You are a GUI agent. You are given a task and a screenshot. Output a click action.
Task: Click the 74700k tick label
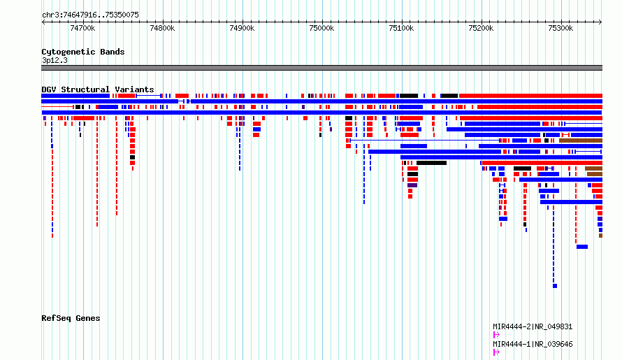click(x=82, y=28)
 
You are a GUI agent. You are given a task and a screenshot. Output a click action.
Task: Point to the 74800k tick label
click(x=162, y=28)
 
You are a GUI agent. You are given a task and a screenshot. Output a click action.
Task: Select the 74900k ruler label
click(x=242, y=28)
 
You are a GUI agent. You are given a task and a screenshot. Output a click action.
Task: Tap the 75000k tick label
click(x=321, y=28)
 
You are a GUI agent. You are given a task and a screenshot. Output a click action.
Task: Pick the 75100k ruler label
click(x=401, y=28)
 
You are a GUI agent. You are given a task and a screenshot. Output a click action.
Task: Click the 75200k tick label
click(x=482, y=28)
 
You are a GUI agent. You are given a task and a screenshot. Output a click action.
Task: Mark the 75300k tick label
click(x=560, y=28)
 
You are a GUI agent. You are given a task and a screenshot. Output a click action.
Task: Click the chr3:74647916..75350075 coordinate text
click(x=90, y=15)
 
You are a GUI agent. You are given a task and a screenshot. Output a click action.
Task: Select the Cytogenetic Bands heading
click(x=83, y=52)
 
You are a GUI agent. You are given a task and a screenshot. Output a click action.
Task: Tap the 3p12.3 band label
click(x=55, y=60)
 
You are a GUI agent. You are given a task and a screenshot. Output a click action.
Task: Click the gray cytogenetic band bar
click(x=321, y=68)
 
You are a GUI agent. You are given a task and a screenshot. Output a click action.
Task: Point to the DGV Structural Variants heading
click(x=98, y=89)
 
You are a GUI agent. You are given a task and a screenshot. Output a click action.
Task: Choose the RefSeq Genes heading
click(x=71, y=318)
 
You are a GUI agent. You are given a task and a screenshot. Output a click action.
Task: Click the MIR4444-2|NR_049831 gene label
click(x=533, y=326)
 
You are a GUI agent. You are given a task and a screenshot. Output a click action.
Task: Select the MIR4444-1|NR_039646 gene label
click(x=533, y=344)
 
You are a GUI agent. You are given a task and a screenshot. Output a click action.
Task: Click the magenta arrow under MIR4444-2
click(x=496, y=335)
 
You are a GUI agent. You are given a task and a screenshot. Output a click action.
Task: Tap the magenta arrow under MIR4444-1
click(x=496, y=352)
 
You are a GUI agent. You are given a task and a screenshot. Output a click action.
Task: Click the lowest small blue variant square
click(x=555, y=286)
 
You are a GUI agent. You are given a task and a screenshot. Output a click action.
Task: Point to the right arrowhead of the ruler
click(x=601, y=22)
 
